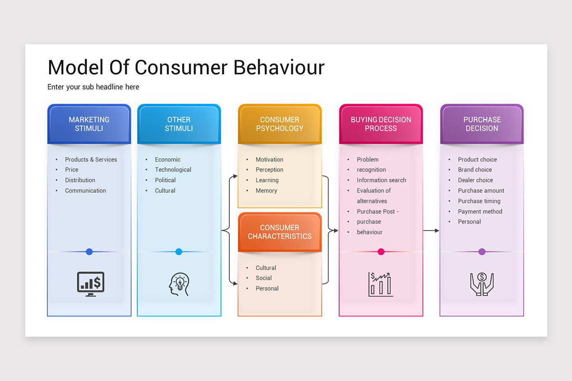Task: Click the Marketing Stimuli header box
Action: [x=89, y=124]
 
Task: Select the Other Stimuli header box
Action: [x=179, y=124]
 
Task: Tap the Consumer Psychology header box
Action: [x=280, y=124]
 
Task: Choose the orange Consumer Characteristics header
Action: [x=280, y=232]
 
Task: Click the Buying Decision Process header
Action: [x=381, y=124]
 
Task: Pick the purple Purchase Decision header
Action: [x=482, y=124]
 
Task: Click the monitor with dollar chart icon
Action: [x=91, y=284]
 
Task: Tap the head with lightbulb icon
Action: [x=179, y=284]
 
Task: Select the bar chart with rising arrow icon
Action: [x=380, y=284]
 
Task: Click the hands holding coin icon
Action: [x=482, y=284]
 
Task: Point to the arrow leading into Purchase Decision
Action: [x=431, y=231]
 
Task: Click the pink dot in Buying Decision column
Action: [x=381, y=251]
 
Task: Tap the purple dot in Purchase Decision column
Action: [x=482, y=251]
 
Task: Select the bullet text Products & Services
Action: [x=91, y=160]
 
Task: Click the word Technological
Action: [x=173, y=170]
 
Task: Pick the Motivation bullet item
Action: [x=269, y=160]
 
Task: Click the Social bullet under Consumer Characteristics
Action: [x=264, y=278]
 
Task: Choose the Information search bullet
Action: [x=381, y=180]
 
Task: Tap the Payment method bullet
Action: [x=480, y=211]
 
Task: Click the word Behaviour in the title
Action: [x=279, y=67]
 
